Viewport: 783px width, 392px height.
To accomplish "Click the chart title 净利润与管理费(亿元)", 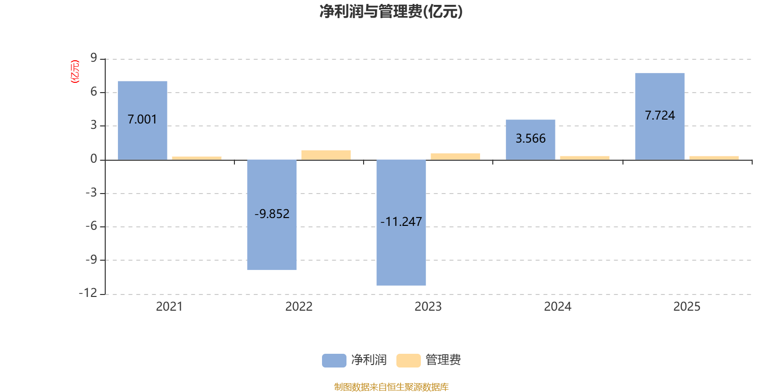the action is [x=391, y=12].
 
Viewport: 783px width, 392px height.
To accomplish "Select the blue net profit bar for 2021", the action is [x=142, y=121].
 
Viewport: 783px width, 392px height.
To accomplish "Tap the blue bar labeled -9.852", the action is [x=272, y=215].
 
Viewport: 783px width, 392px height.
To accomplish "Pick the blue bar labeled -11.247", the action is [x=401, y=222].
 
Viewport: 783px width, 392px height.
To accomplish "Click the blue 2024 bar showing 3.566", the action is [x=530, y=140].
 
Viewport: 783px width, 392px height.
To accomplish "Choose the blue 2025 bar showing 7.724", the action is [x=660, y=117].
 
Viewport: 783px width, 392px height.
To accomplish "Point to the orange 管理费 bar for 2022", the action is [x=326, y=155].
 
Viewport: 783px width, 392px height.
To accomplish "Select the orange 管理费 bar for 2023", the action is [x=456, y=157].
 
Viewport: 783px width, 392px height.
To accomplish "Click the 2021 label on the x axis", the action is [x=169, y=307].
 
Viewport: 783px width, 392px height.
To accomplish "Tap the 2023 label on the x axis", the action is [x=428, y=307].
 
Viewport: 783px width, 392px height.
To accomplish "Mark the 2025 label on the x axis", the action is [x=687, y=307].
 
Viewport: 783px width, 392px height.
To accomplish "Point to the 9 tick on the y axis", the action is [x=93, y=58].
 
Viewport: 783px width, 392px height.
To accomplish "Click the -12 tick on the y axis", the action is [x=88, y=293].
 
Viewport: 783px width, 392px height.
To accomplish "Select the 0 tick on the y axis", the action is [x=93, y=159].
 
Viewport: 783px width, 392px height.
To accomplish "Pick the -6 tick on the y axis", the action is [x=91, y=226].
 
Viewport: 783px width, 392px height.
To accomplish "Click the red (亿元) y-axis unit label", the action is [x=75, y=72].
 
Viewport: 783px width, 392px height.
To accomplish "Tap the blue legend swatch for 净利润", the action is [x=334, y=361].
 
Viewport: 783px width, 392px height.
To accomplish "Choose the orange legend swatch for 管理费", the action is [x=408, y=361].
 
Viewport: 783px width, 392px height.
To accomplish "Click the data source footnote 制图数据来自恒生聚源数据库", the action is [x=391, y=387].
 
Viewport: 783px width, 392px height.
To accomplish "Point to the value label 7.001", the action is [x=142, y=120].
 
